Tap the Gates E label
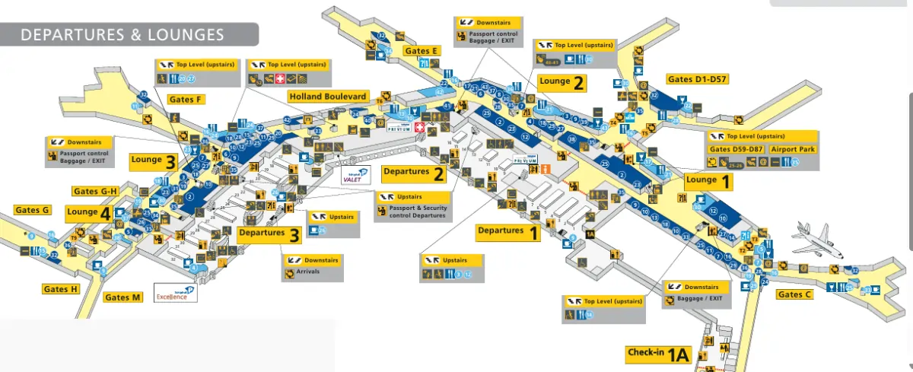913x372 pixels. (422, 51)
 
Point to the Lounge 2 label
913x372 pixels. (562, 83)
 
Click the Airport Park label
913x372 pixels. (795, 149)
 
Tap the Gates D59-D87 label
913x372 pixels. (737, 149)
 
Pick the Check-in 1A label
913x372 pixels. (658, 354)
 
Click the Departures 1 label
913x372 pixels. (508, 231)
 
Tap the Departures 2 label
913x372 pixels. (414, 173)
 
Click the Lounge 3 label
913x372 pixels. (154, 161)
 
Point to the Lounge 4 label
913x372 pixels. (88, 213)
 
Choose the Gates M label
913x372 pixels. (123, 297)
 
